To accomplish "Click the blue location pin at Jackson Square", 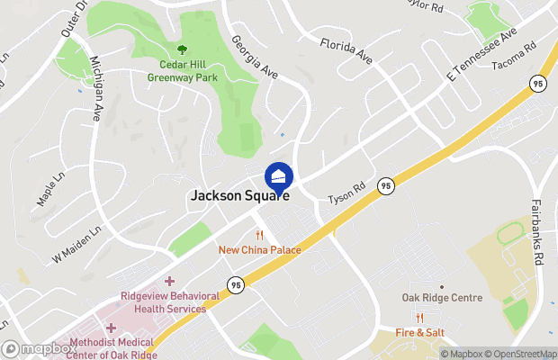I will pos(278,175).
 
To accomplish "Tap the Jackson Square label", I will pos(239,194).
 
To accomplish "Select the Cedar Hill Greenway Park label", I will pos(183,71).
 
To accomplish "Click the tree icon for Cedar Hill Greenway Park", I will pos(183,50).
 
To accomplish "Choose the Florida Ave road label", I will pos(346,50).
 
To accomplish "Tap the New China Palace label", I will pos(259,249).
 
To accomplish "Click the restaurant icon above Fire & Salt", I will pos(419,318).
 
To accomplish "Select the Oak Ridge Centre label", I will pos(442,298).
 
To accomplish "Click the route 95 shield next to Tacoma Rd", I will pos(536,83).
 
